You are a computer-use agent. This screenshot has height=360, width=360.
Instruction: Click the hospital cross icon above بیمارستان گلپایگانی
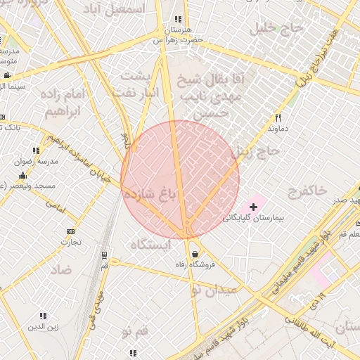click(x=254, y=207)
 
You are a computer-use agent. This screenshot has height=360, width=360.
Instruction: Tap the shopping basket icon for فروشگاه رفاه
click(x=194, y=254)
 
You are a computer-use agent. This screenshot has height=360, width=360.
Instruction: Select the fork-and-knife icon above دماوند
click(x=278, y=118)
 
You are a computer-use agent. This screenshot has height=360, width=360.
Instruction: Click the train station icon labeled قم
click(x=105, y=255)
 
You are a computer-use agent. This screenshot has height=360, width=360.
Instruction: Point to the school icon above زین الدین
click(x=43, y=316)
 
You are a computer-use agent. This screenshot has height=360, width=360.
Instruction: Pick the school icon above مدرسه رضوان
click(x=36, y=150)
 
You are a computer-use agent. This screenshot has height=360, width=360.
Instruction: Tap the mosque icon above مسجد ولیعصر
click(x=23, y=176)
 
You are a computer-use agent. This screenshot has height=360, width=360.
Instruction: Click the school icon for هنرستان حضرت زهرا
click(x=178, y=20)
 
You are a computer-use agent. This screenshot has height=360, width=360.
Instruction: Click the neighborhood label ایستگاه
click(x=150, y=244)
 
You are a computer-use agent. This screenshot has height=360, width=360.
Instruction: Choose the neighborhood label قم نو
click(x=134, y=330)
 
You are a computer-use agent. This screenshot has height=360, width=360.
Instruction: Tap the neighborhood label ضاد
click(x=62, y=269)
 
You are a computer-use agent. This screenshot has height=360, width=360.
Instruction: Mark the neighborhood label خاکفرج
click(x=307, y=190)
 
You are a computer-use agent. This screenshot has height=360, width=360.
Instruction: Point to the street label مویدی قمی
click(x=100, y=302)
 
